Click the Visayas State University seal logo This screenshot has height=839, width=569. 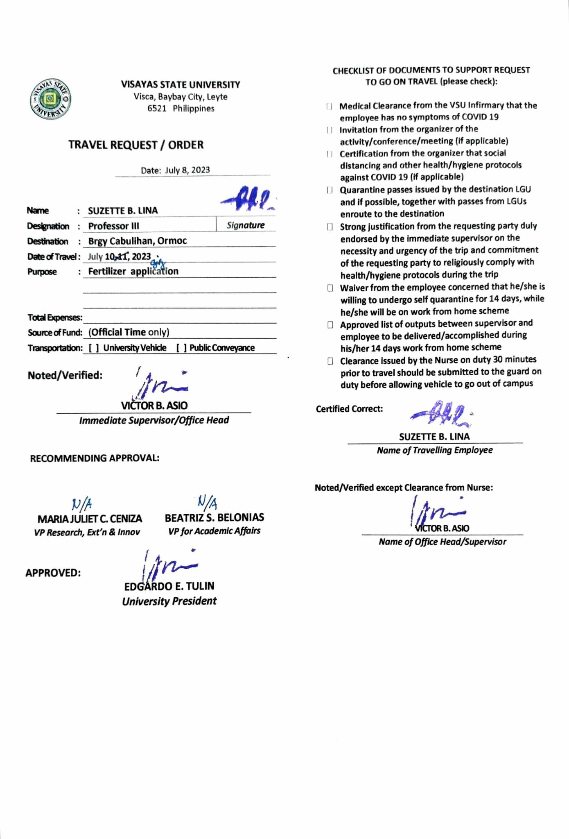50,99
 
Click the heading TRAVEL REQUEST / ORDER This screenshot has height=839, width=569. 135,145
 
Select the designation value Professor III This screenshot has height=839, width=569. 113,226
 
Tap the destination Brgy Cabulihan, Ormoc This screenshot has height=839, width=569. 137,241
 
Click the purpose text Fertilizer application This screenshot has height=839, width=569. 133,272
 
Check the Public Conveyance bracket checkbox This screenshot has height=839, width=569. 182,348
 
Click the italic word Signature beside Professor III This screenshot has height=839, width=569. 246,225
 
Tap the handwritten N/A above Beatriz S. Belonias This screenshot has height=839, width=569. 208,501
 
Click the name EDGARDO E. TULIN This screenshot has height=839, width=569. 169,586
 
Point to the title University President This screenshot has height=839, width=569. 169,601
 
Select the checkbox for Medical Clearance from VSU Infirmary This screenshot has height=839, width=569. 329,107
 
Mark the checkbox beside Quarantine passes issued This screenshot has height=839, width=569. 330,190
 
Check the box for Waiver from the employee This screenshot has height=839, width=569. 330,288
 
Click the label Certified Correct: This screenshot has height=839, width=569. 349,409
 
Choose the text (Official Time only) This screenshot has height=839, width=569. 129,332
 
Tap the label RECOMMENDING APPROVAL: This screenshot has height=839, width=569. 95,458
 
